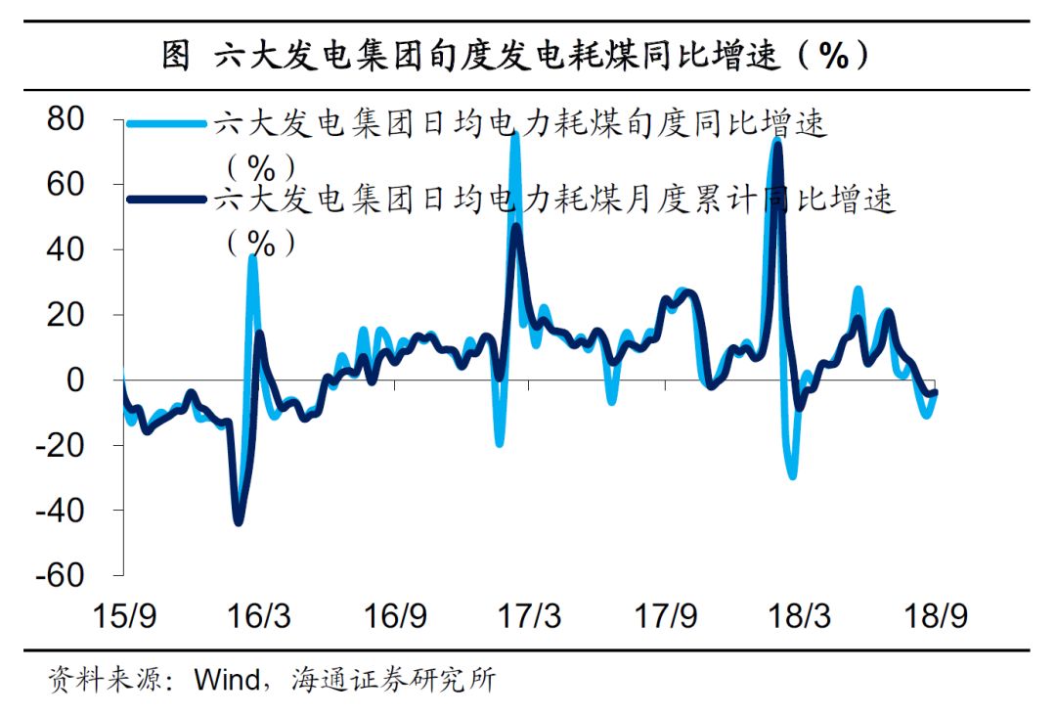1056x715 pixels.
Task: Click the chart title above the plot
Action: [x=515, y=56]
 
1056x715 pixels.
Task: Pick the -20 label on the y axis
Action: [x=80, y=445]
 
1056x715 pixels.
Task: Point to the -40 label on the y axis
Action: [x=80, y=510]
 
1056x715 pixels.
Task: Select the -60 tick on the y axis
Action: [x=80, y=575]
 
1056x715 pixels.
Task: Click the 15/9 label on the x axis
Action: [x=125, y=617]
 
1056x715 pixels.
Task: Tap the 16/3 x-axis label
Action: [x=260, y=617]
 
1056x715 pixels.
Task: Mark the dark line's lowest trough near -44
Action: [x=238, y=521]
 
